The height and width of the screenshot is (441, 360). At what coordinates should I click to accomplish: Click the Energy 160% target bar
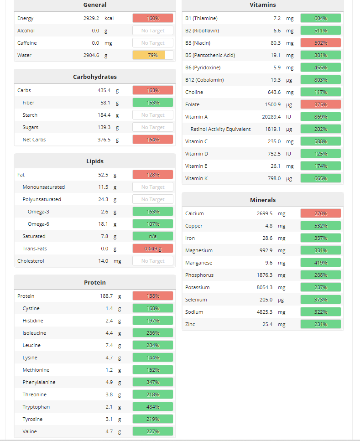pyautogui.click(x=153, y=18)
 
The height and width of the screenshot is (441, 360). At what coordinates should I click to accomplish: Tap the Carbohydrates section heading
pyautogui.click(x=95, y=77)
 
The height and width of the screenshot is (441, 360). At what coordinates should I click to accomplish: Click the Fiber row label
pyautogui.click(x=28, y=103)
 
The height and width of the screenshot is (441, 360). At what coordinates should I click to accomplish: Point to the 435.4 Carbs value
pyautogui.click(x=104, y=90)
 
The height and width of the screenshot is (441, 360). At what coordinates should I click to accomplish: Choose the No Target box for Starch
pyautogui.click(x=153, y=115)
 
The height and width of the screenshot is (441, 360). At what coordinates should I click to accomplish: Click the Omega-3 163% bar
pyautogui.click(x=153, y=212)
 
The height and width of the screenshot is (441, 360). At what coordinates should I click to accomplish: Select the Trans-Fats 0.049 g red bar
pyautogui.click(x=153, y=249)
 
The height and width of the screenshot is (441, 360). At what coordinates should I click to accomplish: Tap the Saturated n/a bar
pyautogui.click(x=153, y=236)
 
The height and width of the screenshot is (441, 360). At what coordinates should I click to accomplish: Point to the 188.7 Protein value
pyautogui.click(x=106, y=296)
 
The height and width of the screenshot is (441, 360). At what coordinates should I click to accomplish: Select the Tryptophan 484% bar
pyautogui.click(x=153, y=407)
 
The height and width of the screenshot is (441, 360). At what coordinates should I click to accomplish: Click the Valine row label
pyautogui.click(x=30, y=431)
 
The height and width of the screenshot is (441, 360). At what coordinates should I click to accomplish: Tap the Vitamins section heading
pyautogui.click(x=263, y=5)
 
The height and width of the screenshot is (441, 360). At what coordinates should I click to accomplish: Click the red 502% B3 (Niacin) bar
pyautogui.click(x=321, y=43)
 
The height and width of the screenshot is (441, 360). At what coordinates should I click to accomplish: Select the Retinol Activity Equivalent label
pyautogui.click(x=220, y=129)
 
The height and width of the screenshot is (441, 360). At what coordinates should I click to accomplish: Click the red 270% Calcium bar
pyautogui.click(x=321, y=213)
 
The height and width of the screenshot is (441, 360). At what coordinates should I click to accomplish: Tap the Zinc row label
pyautogui.click(x=190, y=324)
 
